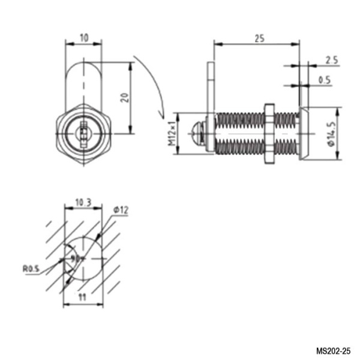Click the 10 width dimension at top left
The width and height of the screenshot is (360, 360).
(83, 37)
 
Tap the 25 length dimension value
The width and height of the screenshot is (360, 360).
(259, 38)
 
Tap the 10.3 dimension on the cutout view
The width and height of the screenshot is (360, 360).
(83, 203)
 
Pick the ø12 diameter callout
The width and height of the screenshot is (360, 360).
(121, 209)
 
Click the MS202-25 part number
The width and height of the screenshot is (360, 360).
(335, 350)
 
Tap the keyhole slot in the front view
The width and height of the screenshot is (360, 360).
(83, 130)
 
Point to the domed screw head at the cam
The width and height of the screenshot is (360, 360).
(198, 133)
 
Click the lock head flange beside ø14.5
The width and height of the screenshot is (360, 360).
(304, 133)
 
